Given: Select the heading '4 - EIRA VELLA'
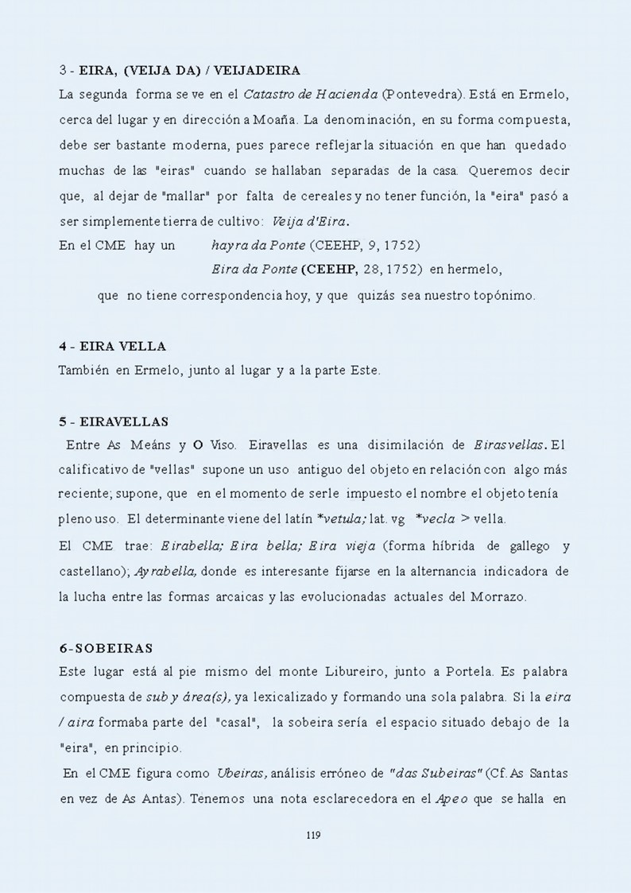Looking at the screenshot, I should [x=112, y=347].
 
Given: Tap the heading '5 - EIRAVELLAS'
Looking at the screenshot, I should [x=113, y=421].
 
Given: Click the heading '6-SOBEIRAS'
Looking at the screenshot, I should [x=106, y=649].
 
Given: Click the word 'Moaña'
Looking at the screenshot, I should [x=276, y=120].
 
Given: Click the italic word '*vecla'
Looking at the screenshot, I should [x=435, y=519].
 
